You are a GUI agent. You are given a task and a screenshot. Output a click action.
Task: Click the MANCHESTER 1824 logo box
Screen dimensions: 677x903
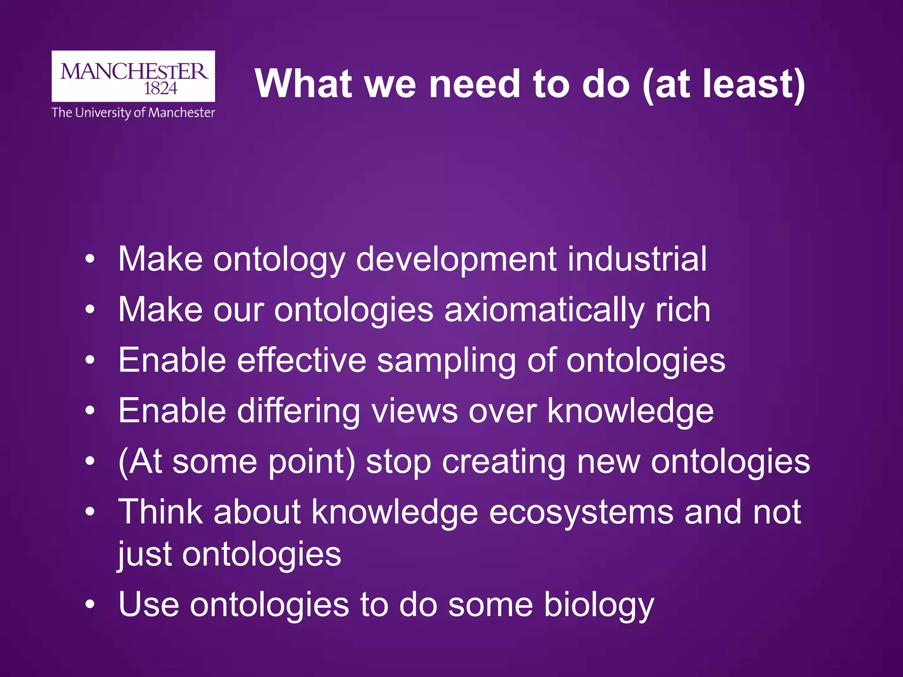(133, 76)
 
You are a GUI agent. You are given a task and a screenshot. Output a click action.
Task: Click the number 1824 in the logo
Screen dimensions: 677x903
(160, 89)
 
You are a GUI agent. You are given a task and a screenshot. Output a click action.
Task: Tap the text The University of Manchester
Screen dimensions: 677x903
(133, 113)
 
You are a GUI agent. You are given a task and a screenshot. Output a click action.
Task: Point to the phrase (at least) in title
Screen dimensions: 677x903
(724, 85)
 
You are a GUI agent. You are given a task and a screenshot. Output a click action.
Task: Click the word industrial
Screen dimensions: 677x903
(637, 259)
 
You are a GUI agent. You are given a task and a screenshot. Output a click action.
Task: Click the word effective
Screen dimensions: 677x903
(302, 360)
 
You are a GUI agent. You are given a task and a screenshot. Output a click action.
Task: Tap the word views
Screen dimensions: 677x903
(414, 411)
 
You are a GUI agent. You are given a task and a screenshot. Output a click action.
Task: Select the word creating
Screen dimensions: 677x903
(503, 462)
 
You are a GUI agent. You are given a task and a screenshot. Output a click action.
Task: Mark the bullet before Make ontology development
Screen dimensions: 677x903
(90, 259)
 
